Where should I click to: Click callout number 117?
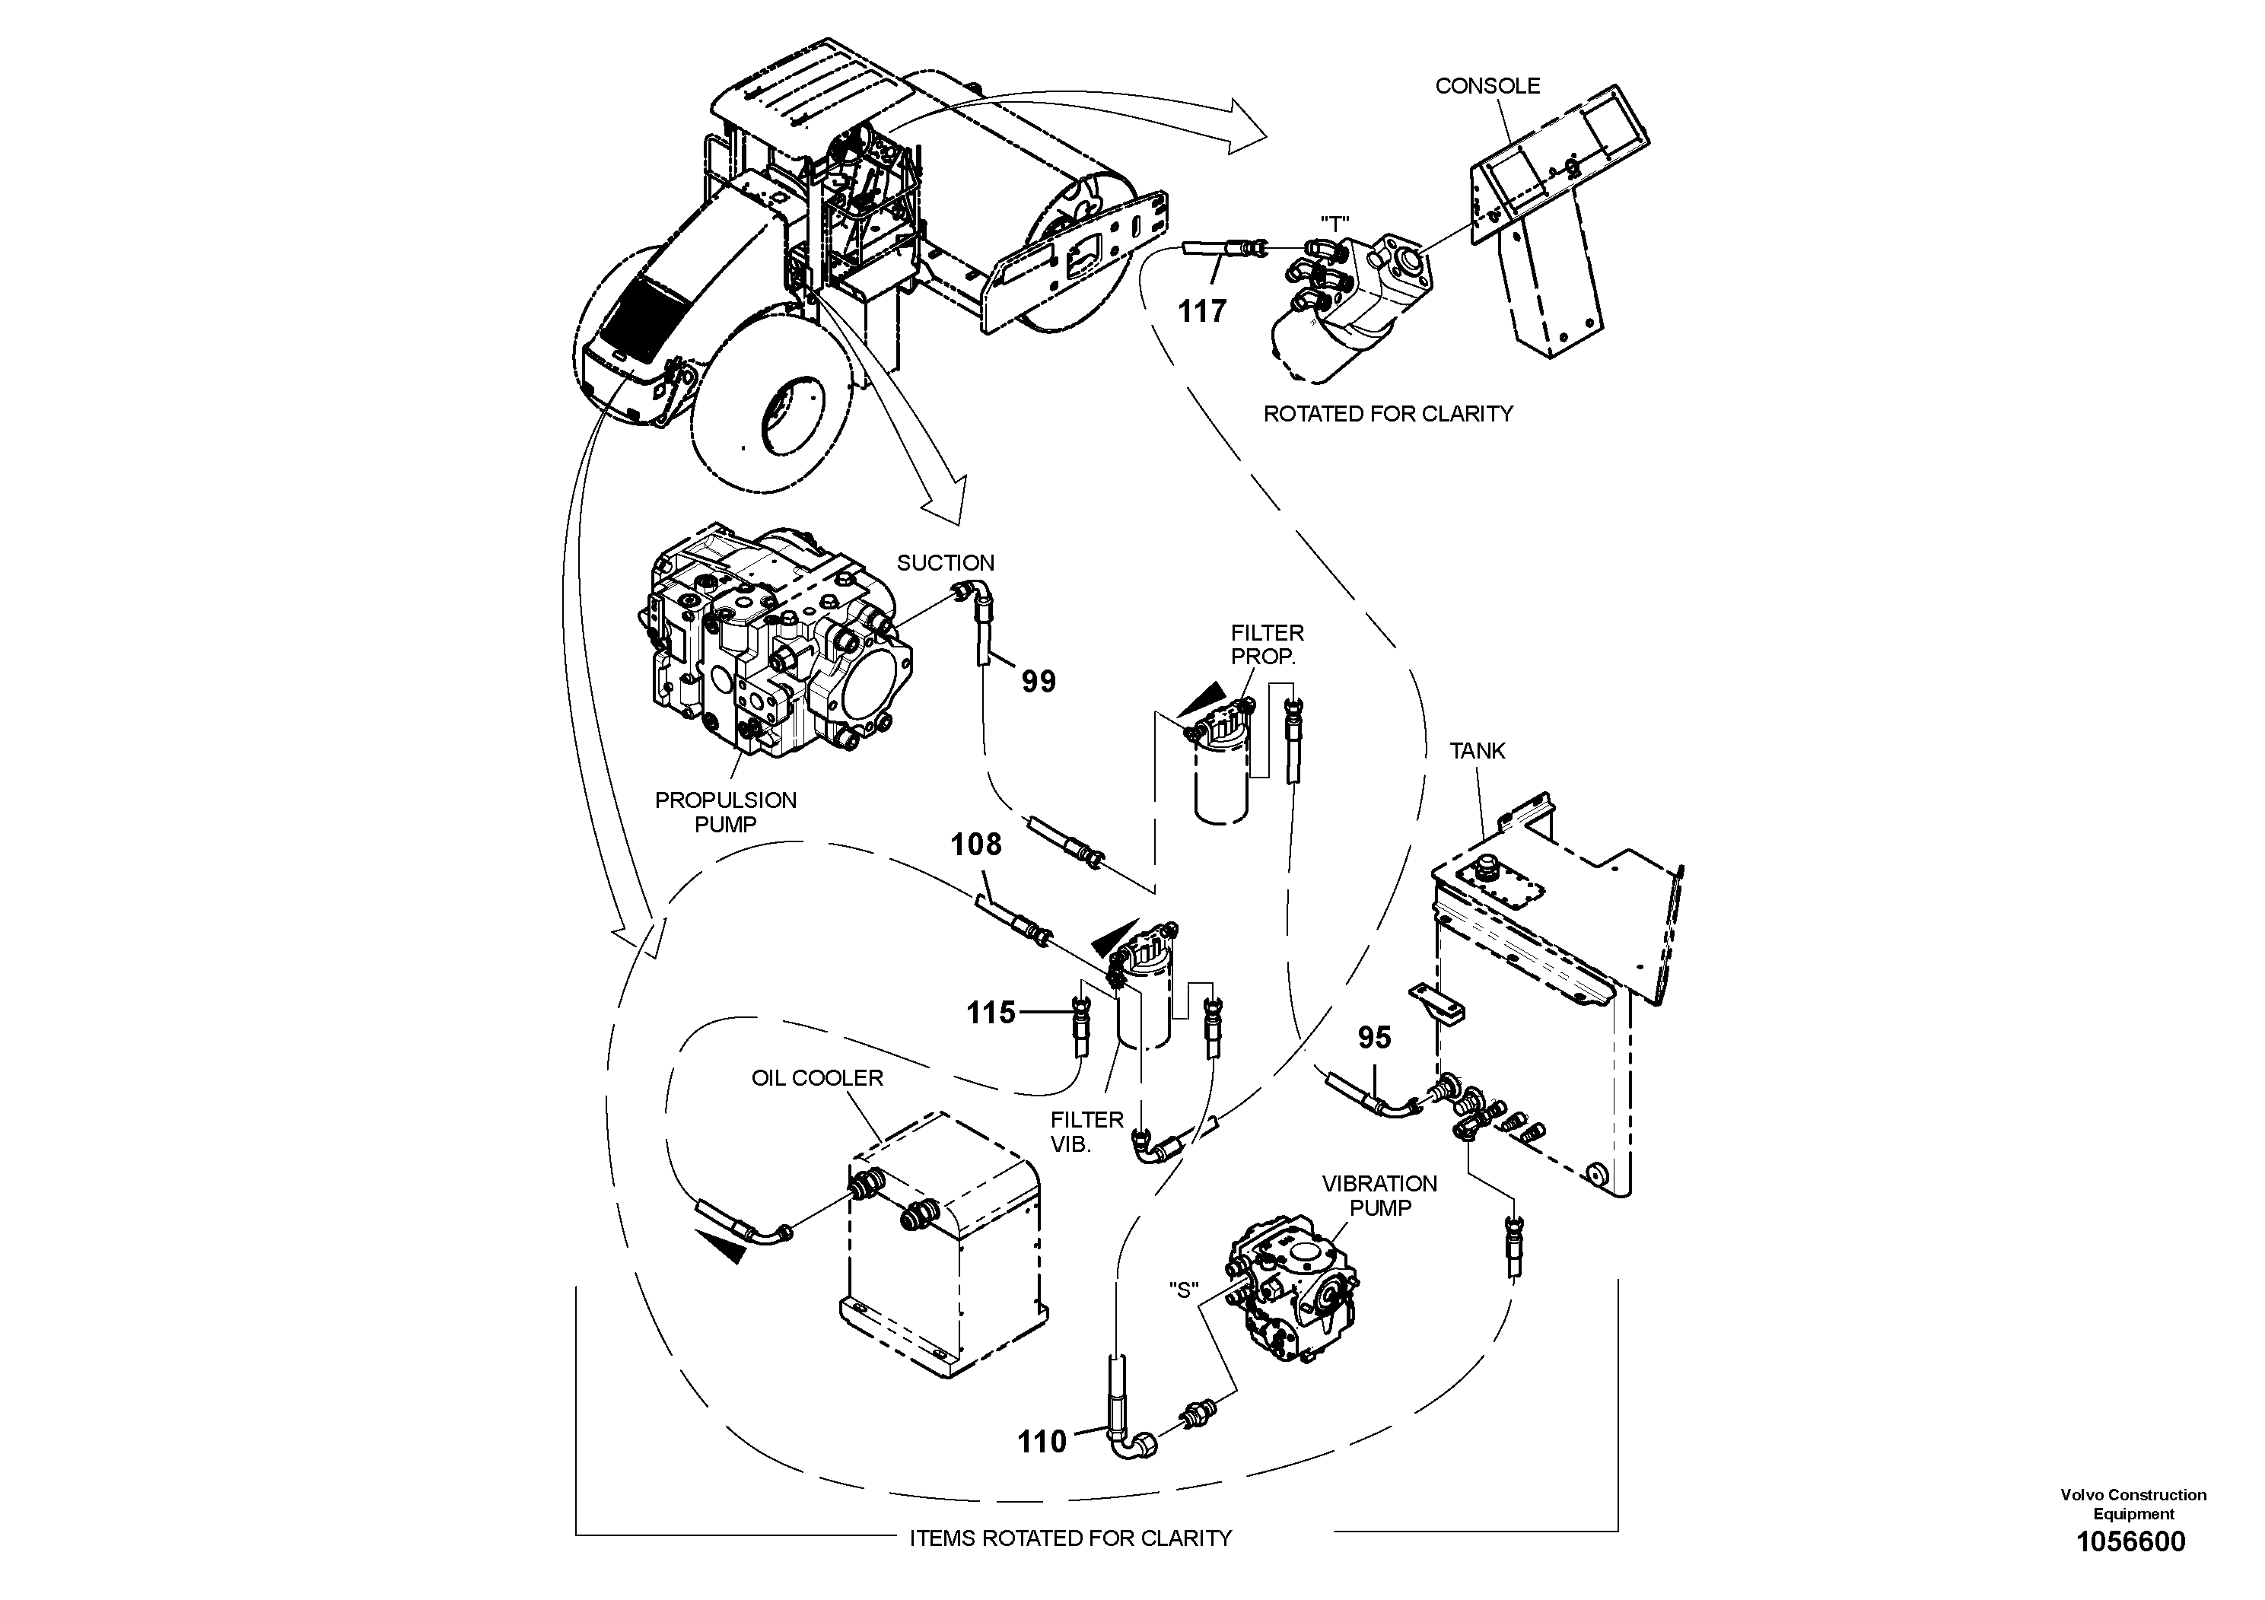pos(1201,312)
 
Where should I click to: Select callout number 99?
pos(1038,681)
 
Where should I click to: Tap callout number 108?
pos(975,845)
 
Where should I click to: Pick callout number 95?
pos(1374,1037)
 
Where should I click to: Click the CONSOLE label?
pos(1487,86)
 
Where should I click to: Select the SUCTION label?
pos(945,563)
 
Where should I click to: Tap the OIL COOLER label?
pos(817,1078)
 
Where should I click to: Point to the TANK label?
pos(1477,751)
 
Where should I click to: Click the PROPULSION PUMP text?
pos(725,812)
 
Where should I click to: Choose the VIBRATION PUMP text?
pos(1379,1194)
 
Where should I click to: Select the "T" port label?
pos(1334,223)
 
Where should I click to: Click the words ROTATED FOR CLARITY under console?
pos(1387,415)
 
